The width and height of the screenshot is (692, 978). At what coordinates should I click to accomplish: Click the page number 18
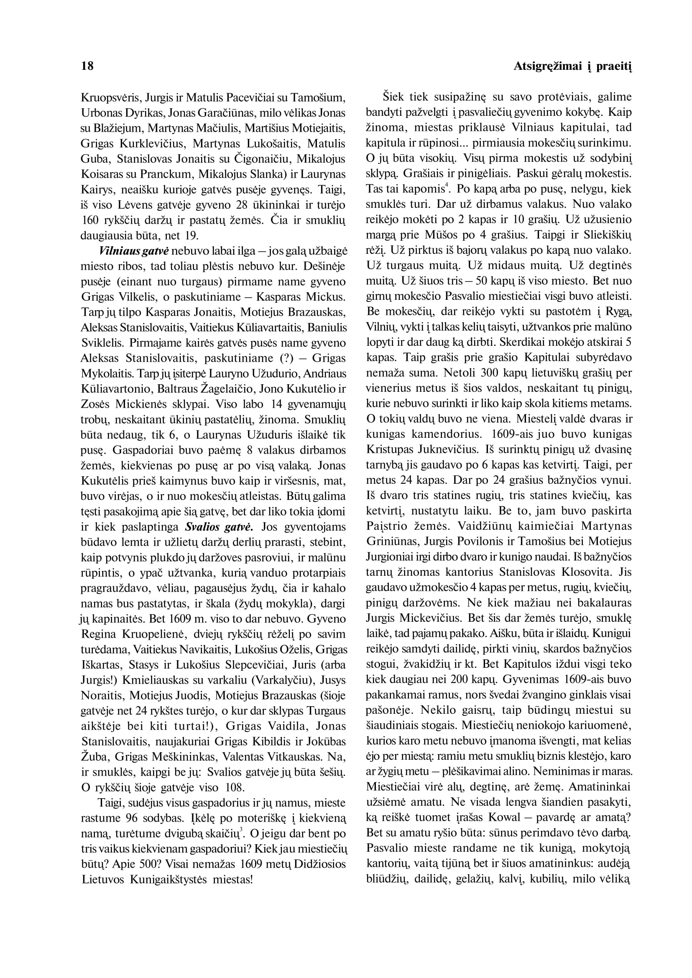(x=87, y=66)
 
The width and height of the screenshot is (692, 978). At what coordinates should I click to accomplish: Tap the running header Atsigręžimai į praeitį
(x=572, y=66)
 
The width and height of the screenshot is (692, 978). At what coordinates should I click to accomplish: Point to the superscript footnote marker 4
(x=447, y=185)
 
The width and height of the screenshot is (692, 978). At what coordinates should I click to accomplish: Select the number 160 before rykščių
(x=89, y=220)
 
